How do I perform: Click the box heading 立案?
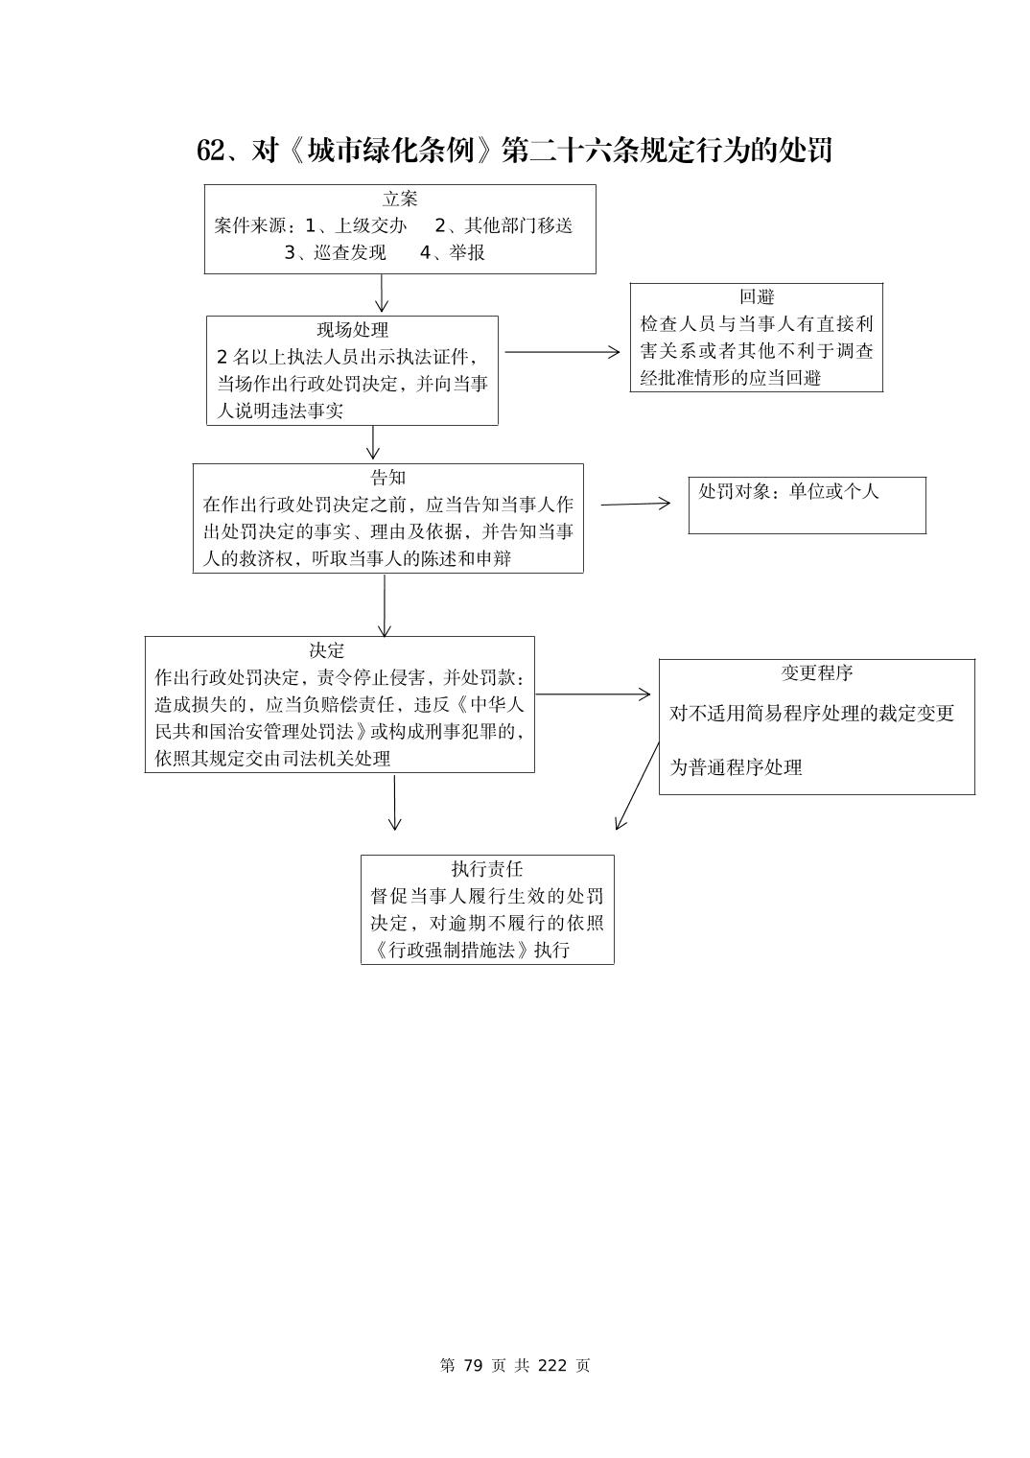coord(400,200)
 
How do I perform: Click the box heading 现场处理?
coord(353,330)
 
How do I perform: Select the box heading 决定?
coord(327,650)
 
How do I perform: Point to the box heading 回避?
coord(757,297)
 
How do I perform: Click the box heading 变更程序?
coord(816,673)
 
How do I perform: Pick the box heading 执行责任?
coord(487,869)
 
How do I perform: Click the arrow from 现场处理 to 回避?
coord(562,352)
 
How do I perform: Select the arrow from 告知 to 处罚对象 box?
coord(635,504)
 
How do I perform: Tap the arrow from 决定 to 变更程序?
coord(593,694)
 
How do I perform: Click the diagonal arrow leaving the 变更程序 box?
coord(638,785)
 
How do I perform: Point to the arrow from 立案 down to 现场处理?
coord(382,294)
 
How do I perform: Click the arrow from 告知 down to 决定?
coord(385,604)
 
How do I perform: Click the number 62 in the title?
coord(210,151)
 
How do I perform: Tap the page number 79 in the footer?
coord(471,1366)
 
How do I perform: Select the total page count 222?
coord(553,1366)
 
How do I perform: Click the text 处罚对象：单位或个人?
coord(788,491)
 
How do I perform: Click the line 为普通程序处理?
coord(736,767)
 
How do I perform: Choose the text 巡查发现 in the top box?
coord(350,252)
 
